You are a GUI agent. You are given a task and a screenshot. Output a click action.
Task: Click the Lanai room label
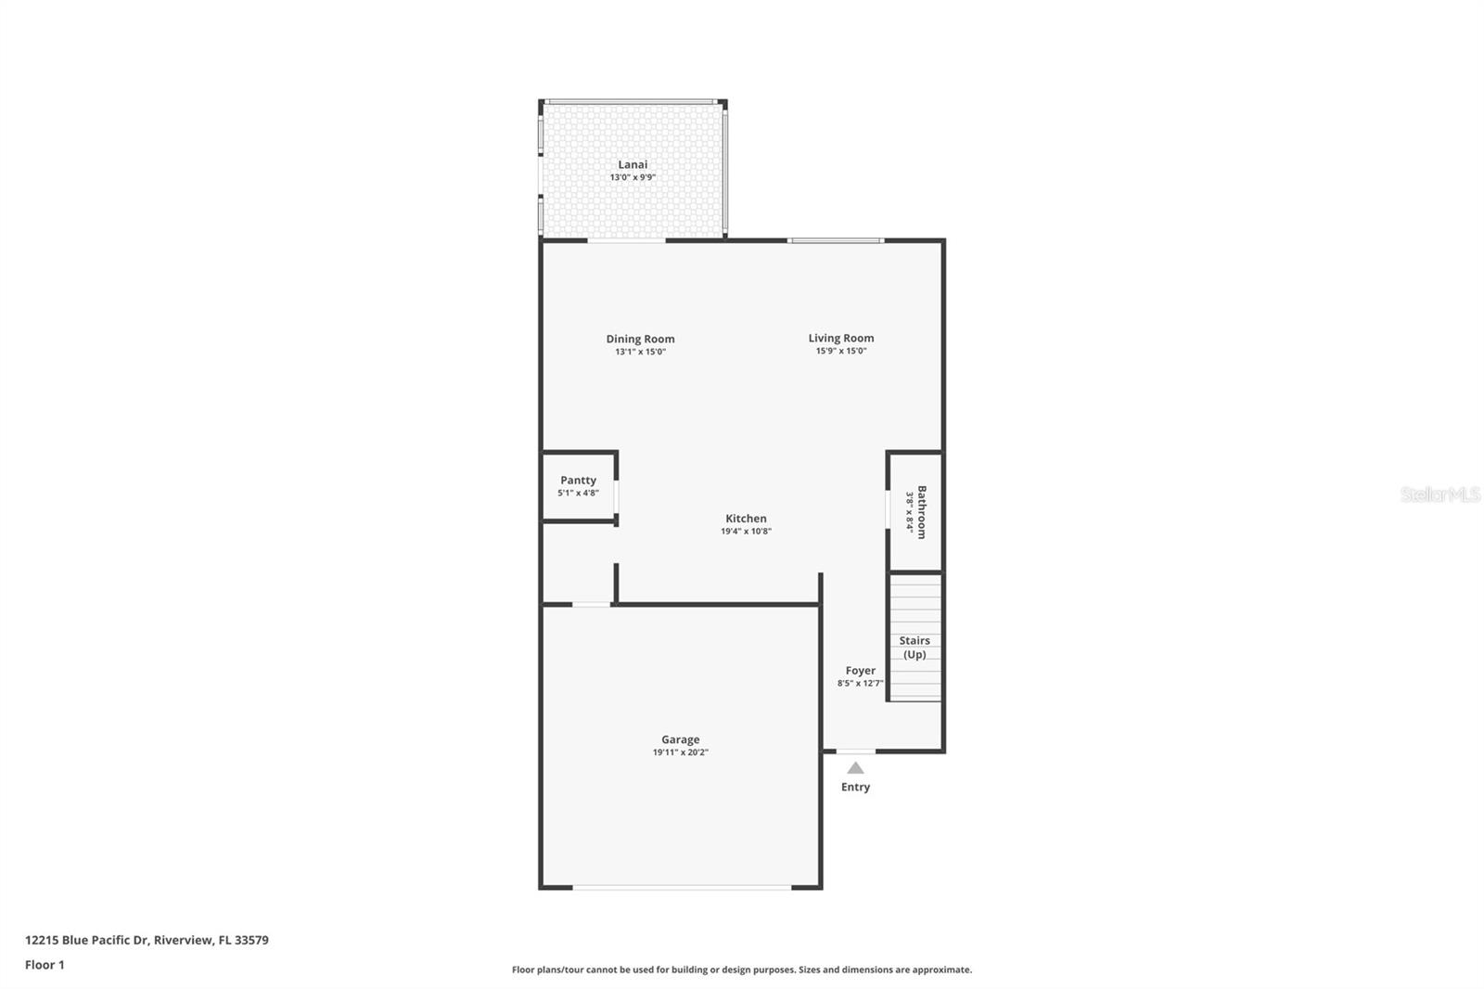point(633,164)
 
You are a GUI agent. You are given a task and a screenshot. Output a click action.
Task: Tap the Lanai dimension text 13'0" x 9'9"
point(633,177)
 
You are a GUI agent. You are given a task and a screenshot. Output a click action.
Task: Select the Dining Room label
point(640,339)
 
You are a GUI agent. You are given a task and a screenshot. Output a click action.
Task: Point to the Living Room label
point(840,338)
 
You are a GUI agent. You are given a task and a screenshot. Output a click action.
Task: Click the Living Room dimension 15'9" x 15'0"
point(840,351)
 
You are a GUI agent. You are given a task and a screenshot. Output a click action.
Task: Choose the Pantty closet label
point(578,480)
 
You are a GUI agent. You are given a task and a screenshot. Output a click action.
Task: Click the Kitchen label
point(746,519)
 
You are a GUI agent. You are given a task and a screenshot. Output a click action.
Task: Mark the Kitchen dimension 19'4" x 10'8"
point(746,532)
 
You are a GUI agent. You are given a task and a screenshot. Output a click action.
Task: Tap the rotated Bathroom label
point(922,511)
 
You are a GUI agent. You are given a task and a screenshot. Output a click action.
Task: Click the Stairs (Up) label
point(915,647)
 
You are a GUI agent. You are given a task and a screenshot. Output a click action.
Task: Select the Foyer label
point(860,670)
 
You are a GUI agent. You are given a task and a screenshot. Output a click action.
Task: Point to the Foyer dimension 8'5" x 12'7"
point(860,683)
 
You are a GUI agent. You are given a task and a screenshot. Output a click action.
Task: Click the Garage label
point(680,739)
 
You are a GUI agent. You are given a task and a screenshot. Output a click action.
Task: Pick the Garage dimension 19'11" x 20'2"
point(680,752)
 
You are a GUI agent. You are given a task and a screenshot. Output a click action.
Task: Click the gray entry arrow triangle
point(855,768)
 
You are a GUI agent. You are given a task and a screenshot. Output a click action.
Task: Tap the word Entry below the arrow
point(855,787)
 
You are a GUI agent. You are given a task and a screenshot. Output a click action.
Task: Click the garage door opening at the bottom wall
point(682,888)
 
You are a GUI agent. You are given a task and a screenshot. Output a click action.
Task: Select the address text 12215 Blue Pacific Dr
point(86,940)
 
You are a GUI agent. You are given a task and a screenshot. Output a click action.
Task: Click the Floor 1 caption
point(45,965)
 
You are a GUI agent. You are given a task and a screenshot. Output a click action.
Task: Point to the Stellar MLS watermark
point(1439,494)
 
